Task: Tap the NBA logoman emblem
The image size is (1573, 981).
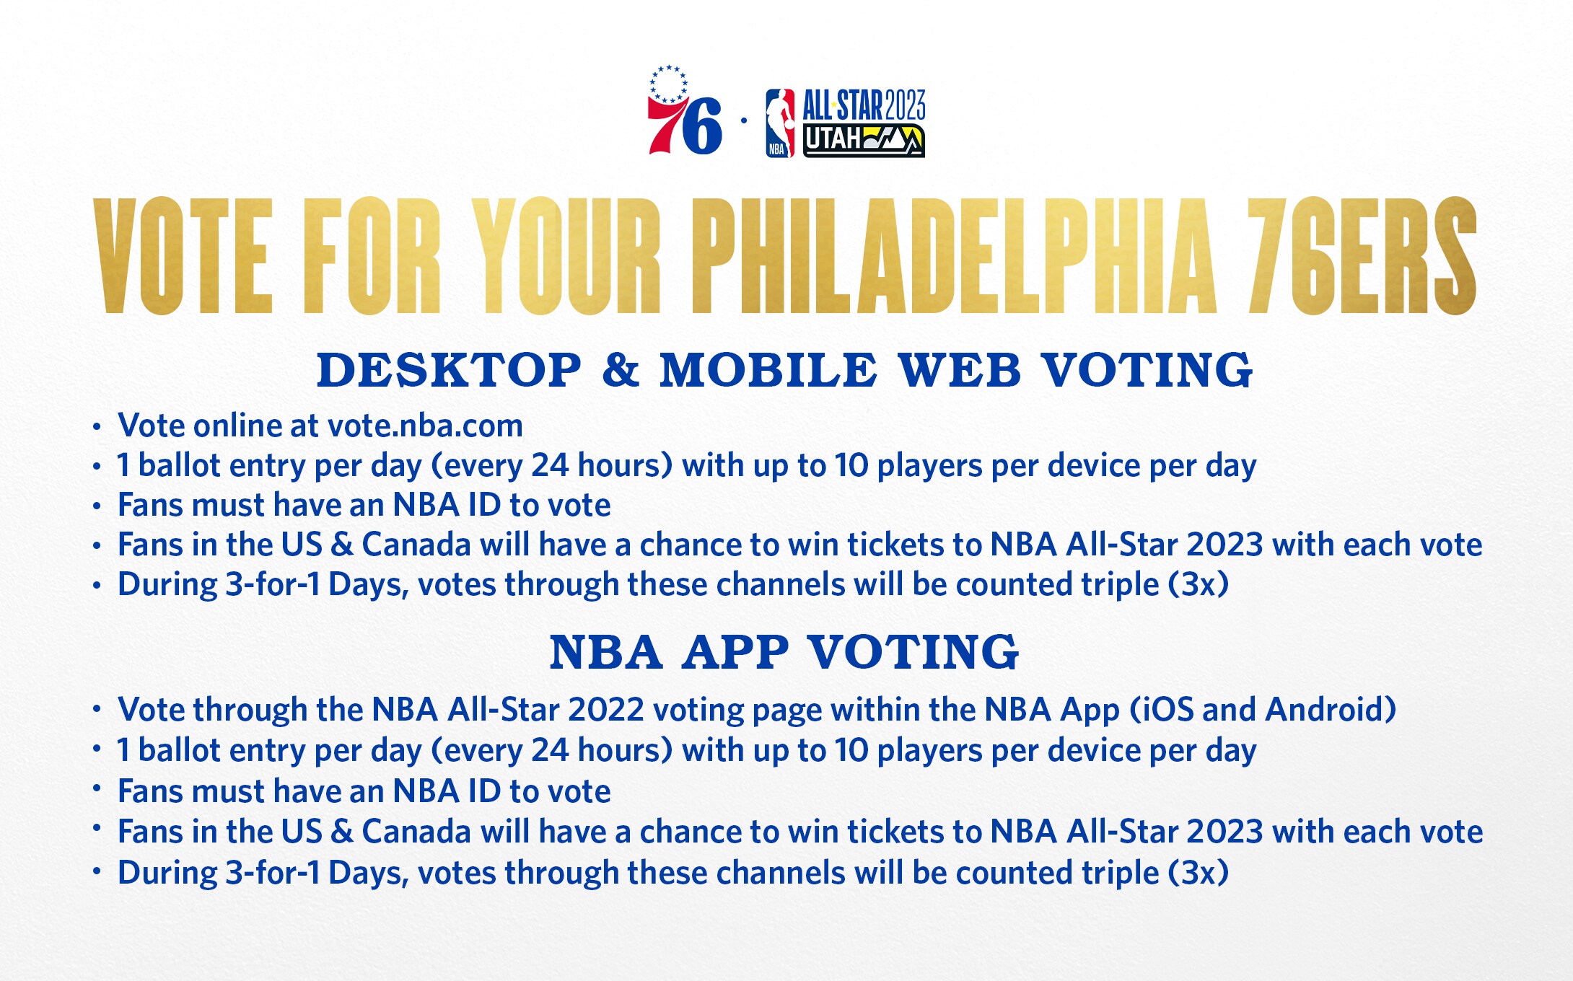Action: pyautogui.click(x=780, y=123)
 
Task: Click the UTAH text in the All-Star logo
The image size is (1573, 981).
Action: pyautogui.click(x=833, y=139)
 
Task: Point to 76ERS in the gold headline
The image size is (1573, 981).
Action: pyautogui.click(x=1362, y=256)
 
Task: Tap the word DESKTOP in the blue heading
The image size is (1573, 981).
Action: pyautogui.click(x=449, y=370)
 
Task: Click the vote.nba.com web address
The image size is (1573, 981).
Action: pyautogui.click(x=425, y=426)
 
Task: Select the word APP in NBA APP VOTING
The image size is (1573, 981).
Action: pyautogui.click(x=736, y=653)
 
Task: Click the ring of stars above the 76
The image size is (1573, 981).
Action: pyautogui.click(x=668, y=84)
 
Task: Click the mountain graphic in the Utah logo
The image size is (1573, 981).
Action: pyautogui.click(x=892, y=139)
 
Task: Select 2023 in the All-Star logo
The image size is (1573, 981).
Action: pyautogui.click(x=905, y=105)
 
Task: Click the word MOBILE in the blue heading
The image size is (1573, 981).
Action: pyautogui.click(x=768, y=370)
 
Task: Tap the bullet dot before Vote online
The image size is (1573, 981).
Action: pyautogui.click(x=97, y=427)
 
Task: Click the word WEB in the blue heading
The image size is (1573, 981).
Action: pyautogui.click(x=960, y=370)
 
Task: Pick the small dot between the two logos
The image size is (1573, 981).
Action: pyautogui.click(x=744, y=120)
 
